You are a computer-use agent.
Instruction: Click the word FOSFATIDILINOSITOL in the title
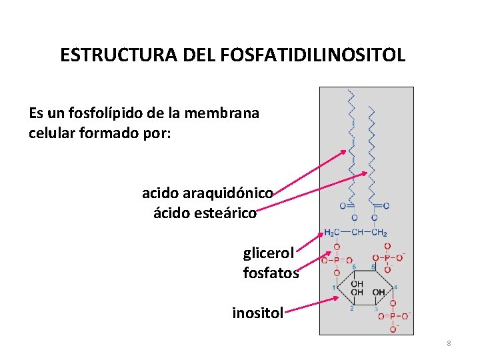pyautogui.click(x=315, y=55)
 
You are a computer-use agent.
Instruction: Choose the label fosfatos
pyautogui.click(x=271, y=273)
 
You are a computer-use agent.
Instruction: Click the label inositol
pyautogui.click(x=258, y=312)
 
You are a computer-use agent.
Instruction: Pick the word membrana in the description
pyautogui.click(x=226, y=113)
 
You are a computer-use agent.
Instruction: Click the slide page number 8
pyautogui.click(x=449, y=343)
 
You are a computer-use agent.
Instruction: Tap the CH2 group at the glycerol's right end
pyautogui.click(x=379, y=233)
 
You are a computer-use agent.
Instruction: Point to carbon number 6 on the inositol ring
pyautogui.click(x=353, y=267)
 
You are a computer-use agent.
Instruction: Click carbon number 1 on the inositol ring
pyautogui.click(x=334, y=287)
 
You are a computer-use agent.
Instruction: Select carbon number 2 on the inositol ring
pyautogui.click(x=351, y=308)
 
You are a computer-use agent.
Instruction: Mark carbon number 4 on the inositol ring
pyautogui.click(x=395, y=287)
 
